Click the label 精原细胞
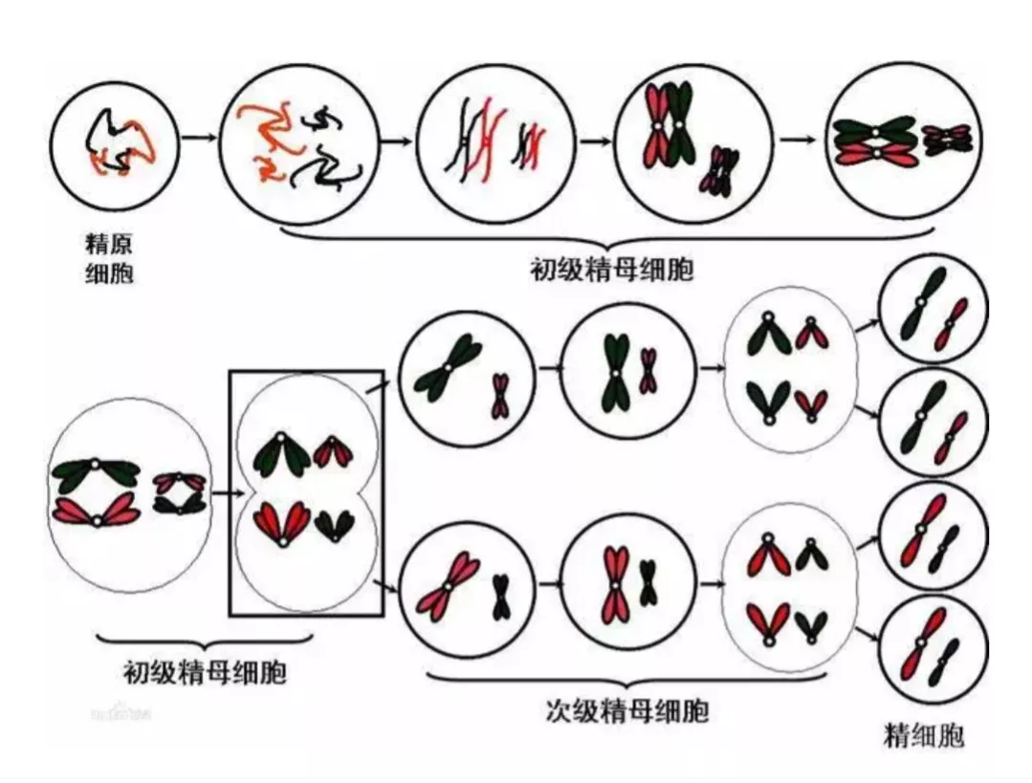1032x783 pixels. coord(109,259)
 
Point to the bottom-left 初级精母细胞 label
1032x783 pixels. coord(205,672)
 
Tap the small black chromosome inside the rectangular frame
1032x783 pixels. coord(335,524)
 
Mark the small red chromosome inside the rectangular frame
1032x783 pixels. coord(334,451)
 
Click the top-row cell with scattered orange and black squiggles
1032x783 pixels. coord(295,141)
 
